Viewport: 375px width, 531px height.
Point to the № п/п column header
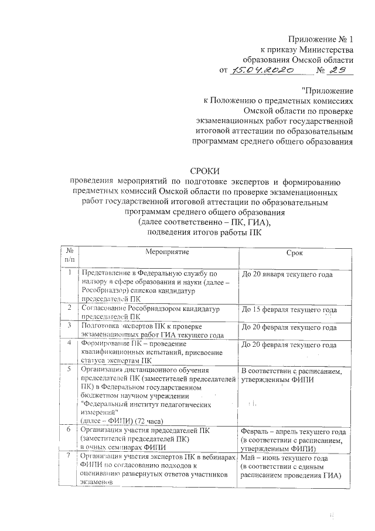(x=70, y=255)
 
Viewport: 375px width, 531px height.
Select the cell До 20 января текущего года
(x=287, y=274)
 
